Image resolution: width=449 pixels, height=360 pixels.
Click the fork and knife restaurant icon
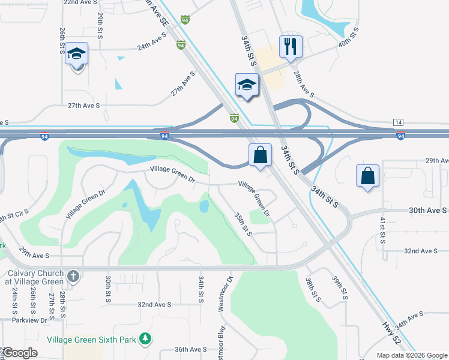(x=291, y=47)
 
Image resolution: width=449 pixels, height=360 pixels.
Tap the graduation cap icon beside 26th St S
(x=76, y=55)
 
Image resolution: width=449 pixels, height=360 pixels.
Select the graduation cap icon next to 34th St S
(x=246, y=85)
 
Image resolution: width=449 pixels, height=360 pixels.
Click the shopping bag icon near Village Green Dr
(x=260, y=155)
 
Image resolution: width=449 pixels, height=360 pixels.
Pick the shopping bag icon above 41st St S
(x=367, y=176)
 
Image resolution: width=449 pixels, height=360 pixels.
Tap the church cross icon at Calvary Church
(x=73, y=277)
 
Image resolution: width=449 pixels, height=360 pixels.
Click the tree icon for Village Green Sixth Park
(x=145, y=339)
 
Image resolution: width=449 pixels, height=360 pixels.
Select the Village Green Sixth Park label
(x=91, y=339)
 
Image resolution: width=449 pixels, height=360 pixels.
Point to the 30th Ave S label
(x=428, y=211)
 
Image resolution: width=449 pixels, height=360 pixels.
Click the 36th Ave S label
(x=190, y=349)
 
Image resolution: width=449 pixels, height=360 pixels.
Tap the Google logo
(x=20, y=353)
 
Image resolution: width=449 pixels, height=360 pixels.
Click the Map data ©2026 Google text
(x=411, y=355)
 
